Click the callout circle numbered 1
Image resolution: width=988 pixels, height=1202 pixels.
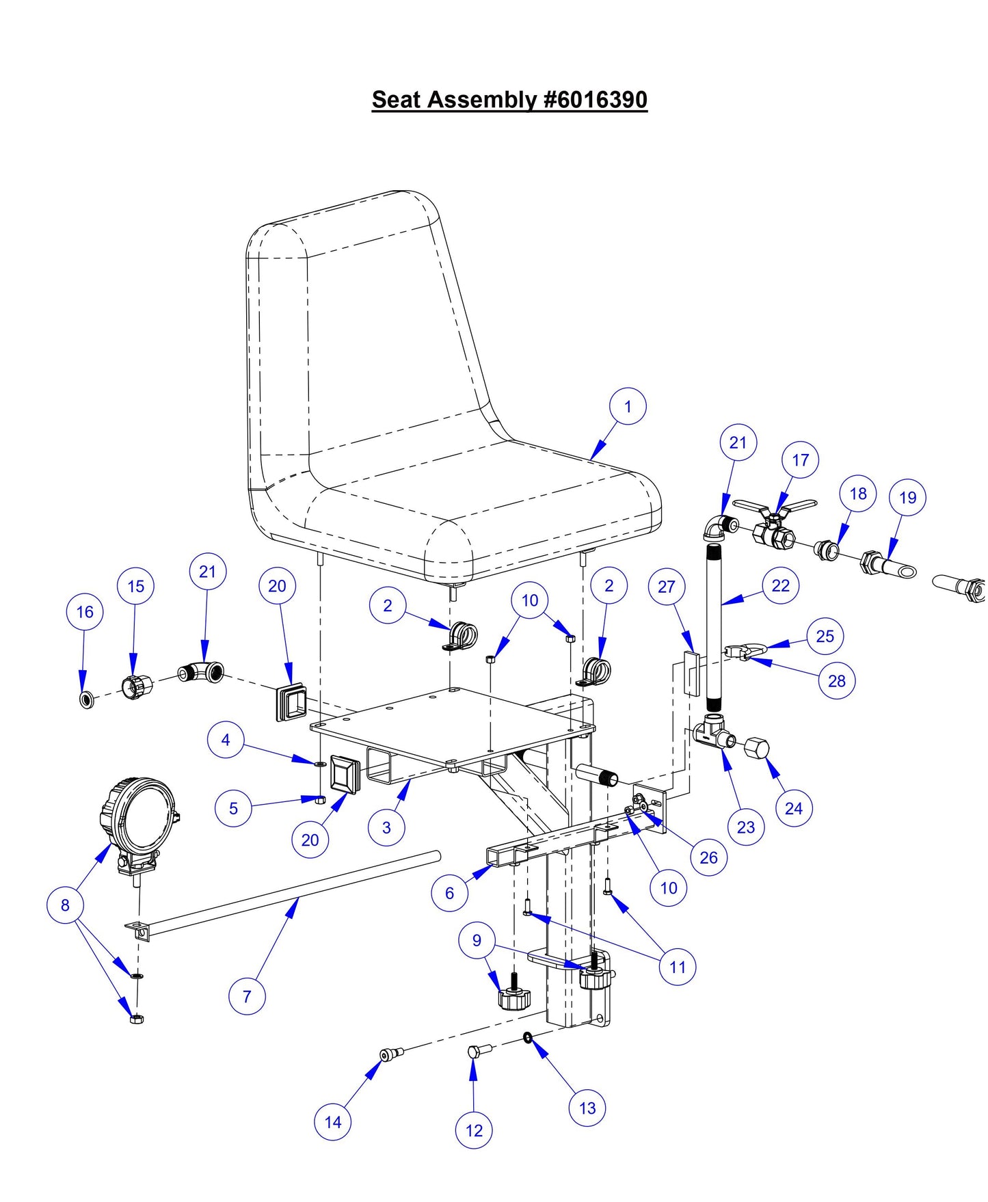tap(628, 407)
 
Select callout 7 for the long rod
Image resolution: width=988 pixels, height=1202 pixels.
tap(247, 996)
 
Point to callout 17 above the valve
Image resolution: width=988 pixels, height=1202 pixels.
tap(800, 460)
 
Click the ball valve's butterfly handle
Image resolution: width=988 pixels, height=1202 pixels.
tap(775, 509)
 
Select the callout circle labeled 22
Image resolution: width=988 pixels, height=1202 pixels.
tap(780, 586)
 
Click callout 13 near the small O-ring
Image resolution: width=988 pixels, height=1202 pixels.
tap(587, 1108)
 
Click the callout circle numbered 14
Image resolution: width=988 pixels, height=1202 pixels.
tap(332, 1122)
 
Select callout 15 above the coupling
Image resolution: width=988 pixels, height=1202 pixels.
tap(135, 586)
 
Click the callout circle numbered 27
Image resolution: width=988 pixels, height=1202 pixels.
tap(666, 586)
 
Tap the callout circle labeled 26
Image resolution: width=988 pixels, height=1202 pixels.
tap(708, 857)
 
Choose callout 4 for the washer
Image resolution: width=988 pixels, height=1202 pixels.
tap(225, 740)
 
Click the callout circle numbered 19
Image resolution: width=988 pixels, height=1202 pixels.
tap(907, 498)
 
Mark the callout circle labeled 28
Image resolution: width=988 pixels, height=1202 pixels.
tap(836, 681)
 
